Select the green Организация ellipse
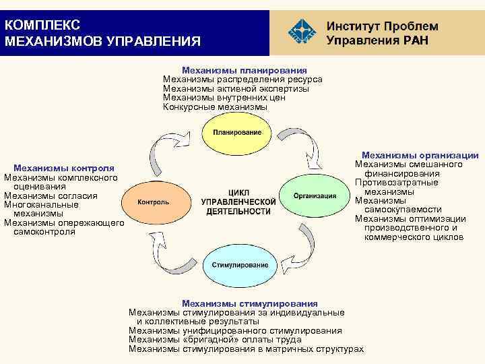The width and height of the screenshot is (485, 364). point(315,196)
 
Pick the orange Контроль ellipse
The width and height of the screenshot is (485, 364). point(154,202)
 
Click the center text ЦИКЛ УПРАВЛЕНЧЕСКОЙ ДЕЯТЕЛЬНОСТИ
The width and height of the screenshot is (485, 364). point(238,202)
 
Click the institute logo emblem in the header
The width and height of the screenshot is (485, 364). point(301,31)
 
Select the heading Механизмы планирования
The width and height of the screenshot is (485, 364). point(245,70)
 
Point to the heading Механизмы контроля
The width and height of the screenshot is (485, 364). point(64,168)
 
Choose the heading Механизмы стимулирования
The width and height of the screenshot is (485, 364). point(249,303)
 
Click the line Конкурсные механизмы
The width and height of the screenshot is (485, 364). point(215,107)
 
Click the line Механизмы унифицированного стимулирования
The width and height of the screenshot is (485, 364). point(235,330)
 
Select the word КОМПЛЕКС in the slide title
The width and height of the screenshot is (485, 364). point(42,25)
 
